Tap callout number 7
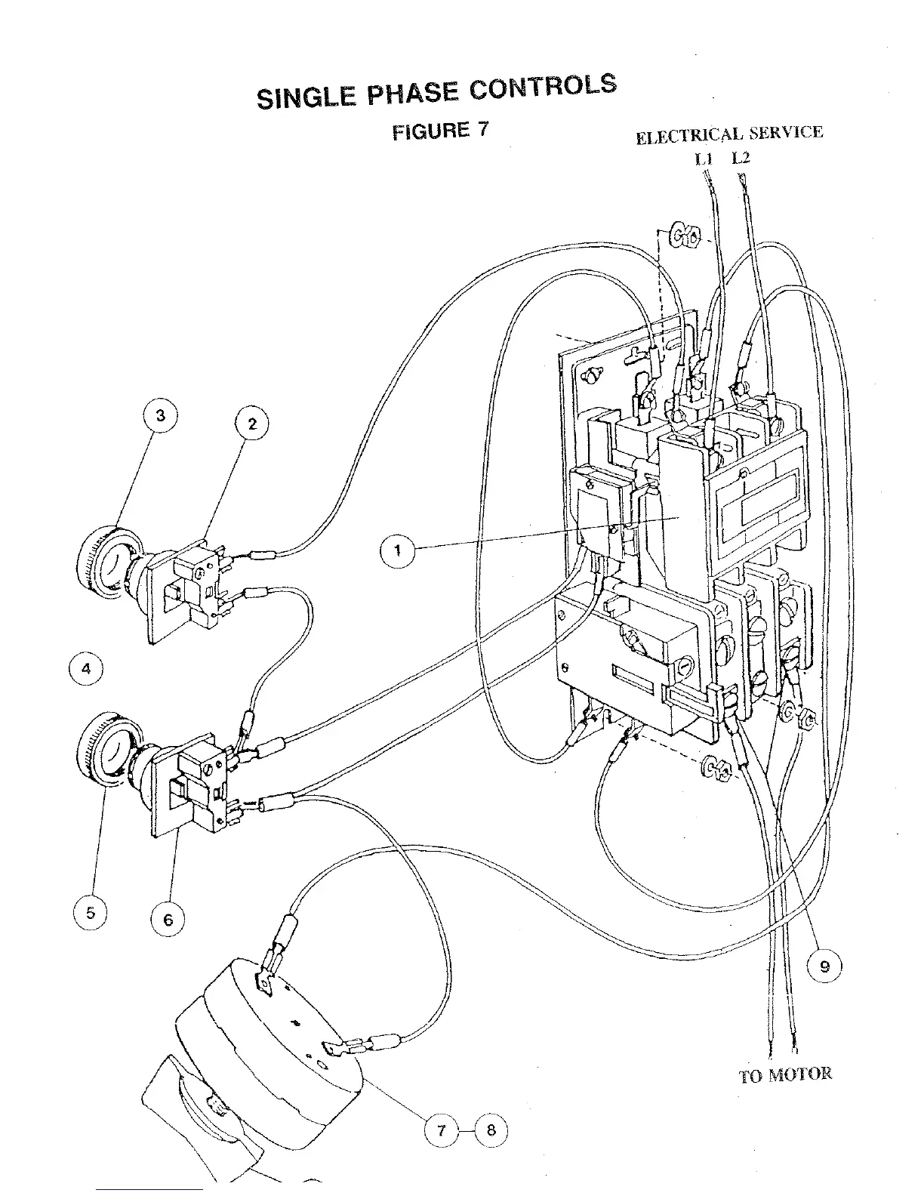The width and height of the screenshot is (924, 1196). point(442,1130)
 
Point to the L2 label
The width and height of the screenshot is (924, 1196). point(741,159)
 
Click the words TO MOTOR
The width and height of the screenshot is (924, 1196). point(785,1074)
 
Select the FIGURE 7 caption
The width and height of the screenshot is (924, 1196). point(440,131)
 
